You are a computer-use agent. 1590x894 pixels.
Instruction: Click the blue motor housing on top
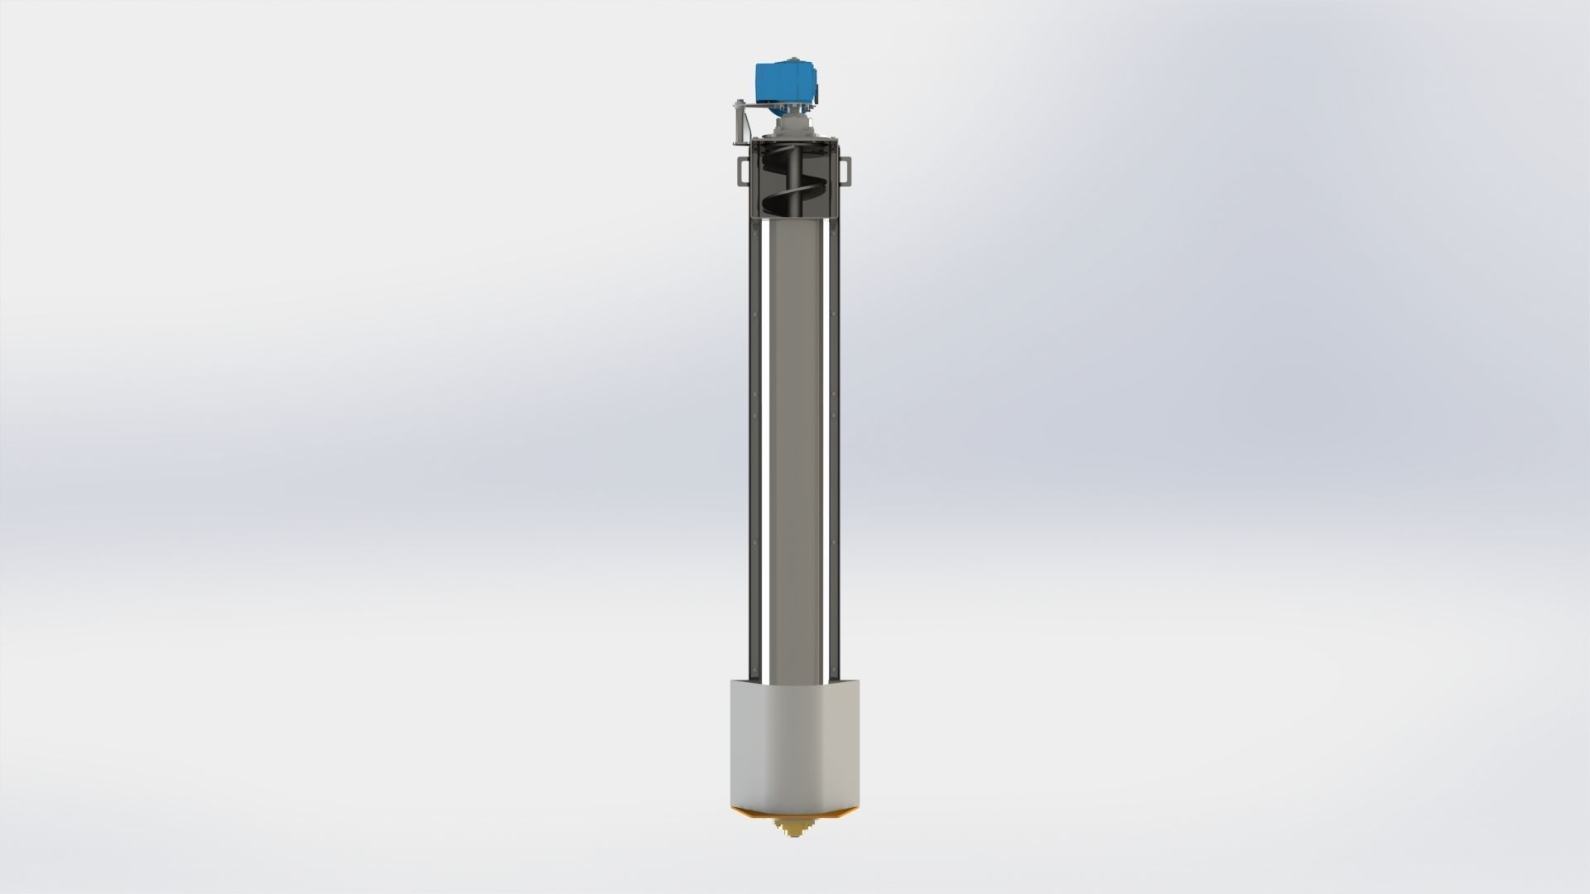click(787, 82)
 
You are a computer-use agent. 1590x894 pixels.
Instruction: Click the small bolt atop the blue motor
click(794, 59)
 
